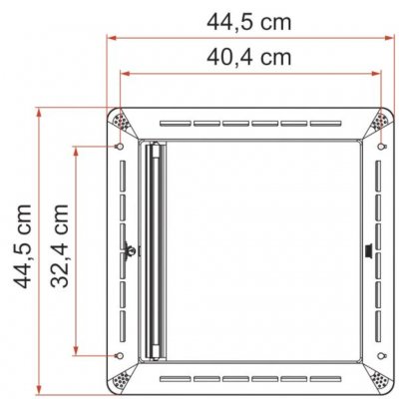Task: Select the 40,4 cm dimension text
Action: pos(248,57)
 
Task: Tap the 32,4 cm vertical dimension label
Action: pos(60,248)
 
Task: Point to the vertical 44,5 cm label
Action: pos(21,248)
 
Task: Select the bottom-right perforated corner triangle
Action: pos(380,380)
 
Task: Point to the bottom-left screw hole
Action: pos(120,356)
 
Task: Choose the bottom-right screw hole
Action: pos(380,356)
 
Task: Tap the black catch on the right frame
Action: pos(370,249)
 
